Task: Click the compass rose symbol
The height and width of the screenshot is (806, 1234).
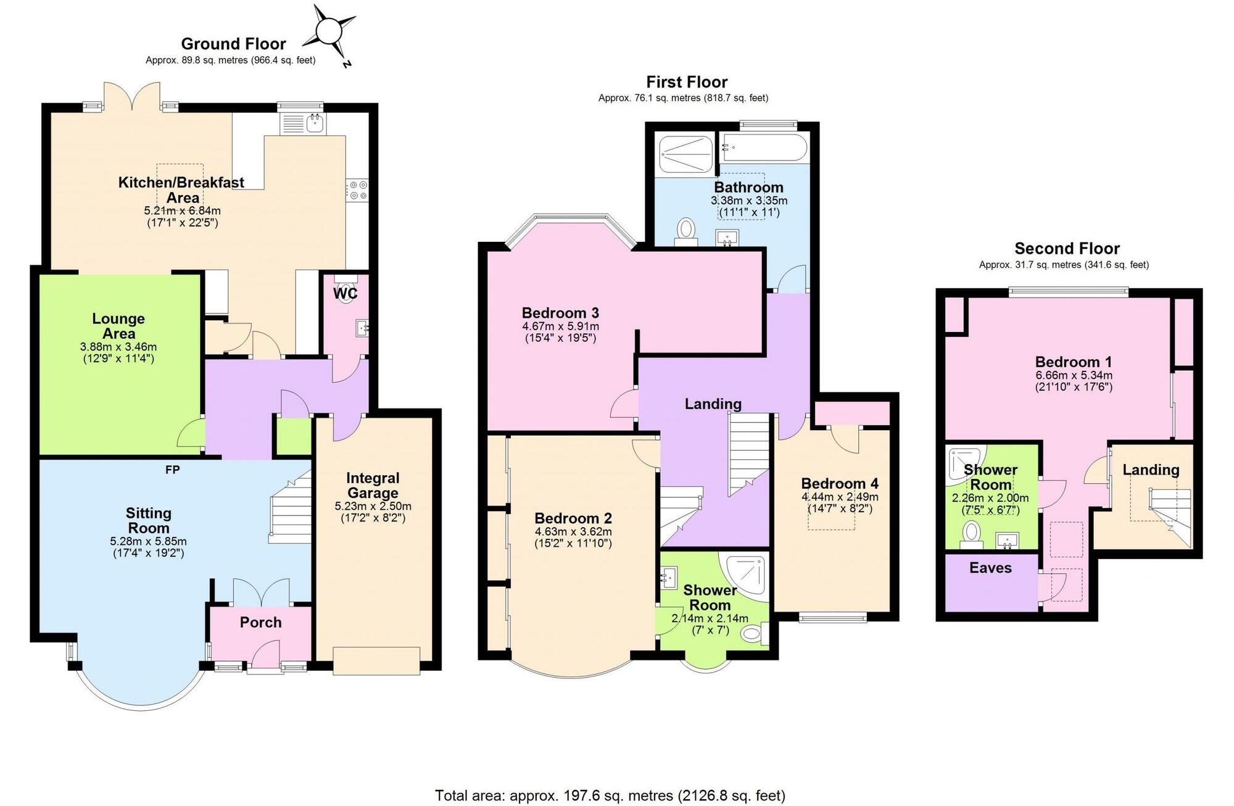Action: tap(330, 31)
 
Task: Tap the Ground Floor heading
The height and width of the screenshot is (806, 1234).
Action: tap(233, 44)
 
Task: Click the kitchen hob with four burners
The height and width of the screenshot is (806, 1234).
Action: tap(357, 190)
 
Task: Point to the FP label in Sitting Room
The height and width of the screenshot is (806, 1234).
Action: tap(173, 470)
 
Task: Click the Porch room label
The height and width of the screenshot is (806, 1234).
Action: tap(260, 622)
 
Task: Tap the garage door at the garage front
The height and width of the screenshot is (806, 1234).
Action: tap(376, 660)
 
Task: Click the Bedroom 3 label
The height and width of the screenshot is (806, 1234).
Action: tap(560, 313)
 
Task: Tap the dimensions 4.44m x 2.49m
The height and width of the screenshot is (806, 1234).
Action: tap(840, 497)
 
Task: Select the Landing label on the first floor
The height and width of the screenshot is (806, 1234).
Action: tap(713, 404)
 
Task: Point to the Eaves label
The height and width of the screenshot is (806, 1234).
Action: tap(990, 568)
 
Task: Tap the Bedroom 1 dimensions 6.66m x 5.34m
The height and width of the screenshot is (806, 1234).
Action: tap(1074, 375)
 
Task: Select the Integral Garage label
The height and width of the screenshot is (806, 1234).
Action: tap(373, 486)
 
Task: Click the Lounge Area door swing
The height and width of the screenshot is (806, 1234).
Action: tap(191, 433)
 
